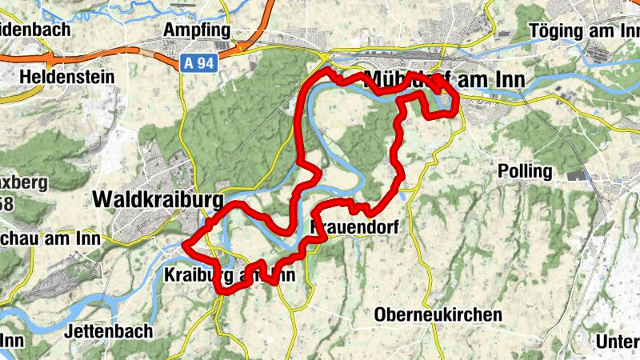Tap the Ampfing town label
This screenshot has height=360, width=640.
click(x=196, y=30)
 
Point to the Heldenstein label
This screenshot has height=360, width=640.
click(x=68, y=78)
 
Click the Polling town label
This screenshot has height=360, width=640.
click(x=525, y=171)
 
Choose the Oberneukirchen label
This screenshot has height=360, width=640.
click(x=438, y=314)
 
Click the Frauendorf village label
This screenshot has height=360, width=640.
click(x=353, y=227)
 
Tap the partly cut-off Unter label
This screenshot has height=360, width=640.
click(x=618, y=341)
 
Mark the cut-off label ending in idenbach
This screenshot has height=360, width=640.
click(x=35, y=30)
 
